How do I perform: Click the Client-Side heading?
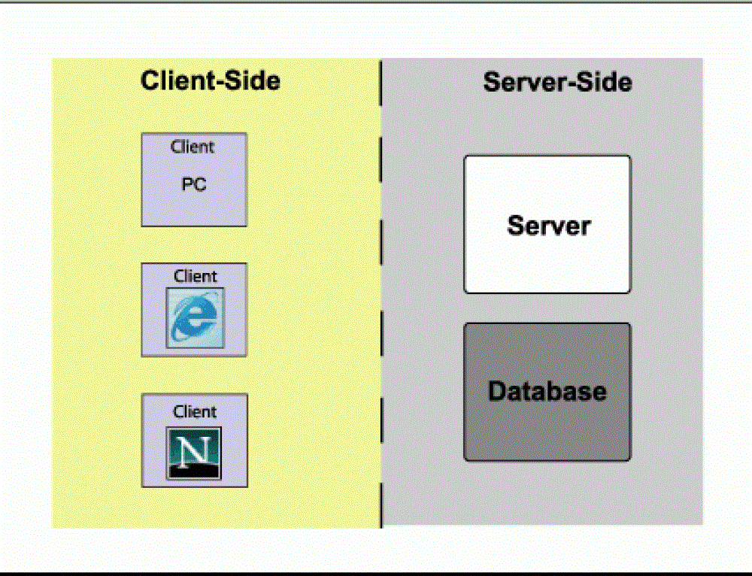(x=211, y=80)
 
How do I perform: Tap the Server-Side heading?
(x=557, y=81)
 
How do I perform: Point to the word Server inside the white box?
(x=548, y=225)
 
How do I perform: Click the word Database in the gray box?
(x=547, y=391)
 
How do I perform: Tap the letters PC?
(x=194, y=183)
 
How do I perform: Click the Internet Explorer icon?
(x=195, y=317)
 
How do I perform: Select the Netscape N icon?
(x=194, y=452)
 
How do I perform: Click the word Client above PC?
(x=193, y=147)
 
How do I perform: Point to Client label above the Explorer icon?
(x=195, y=276)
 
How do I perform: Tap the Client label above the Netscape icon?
(x=195, y=411)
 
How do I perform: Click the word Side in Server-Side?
(x=603, y=81)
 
